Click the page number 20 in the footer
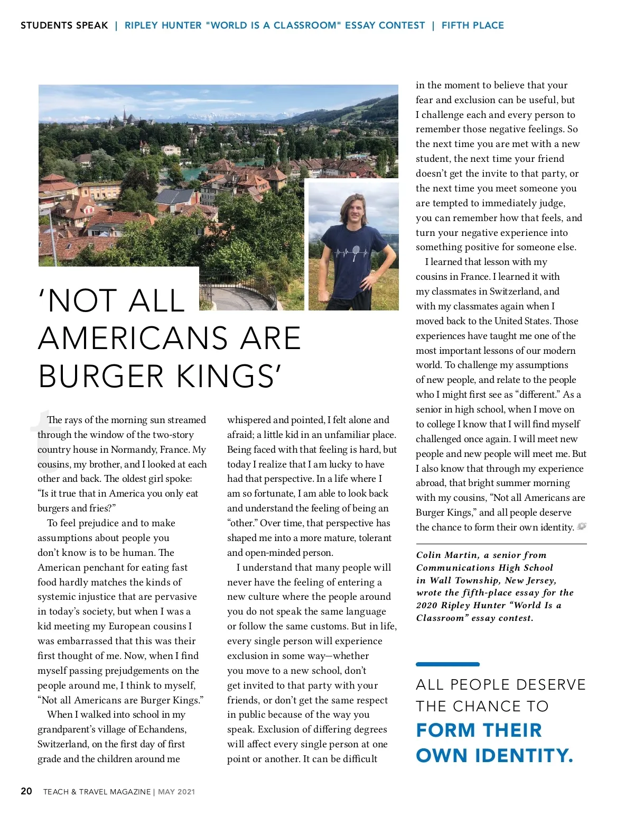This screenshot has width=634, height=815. (x=26, y=791)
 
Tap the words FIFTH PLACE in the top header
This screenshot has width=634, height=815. (x=472, y=25)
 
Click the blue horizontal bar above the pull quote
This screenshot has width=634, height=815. (x=447, y=664)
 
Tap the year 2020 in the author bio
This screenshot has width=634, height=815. (x=426, y=606)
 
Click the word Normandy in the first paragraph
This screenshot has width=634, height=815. (x=147, y=450)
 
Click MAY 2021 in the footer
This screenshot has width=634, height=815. (x=176, y=792)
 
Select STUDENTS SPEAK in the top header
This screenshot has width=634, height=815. (x=64, y=25)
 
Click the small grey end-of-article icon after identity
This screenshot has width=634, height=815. (x=582, y=527)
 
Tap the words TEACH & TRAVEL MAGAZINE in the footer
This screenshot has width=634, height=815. (x=97, y=792)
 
